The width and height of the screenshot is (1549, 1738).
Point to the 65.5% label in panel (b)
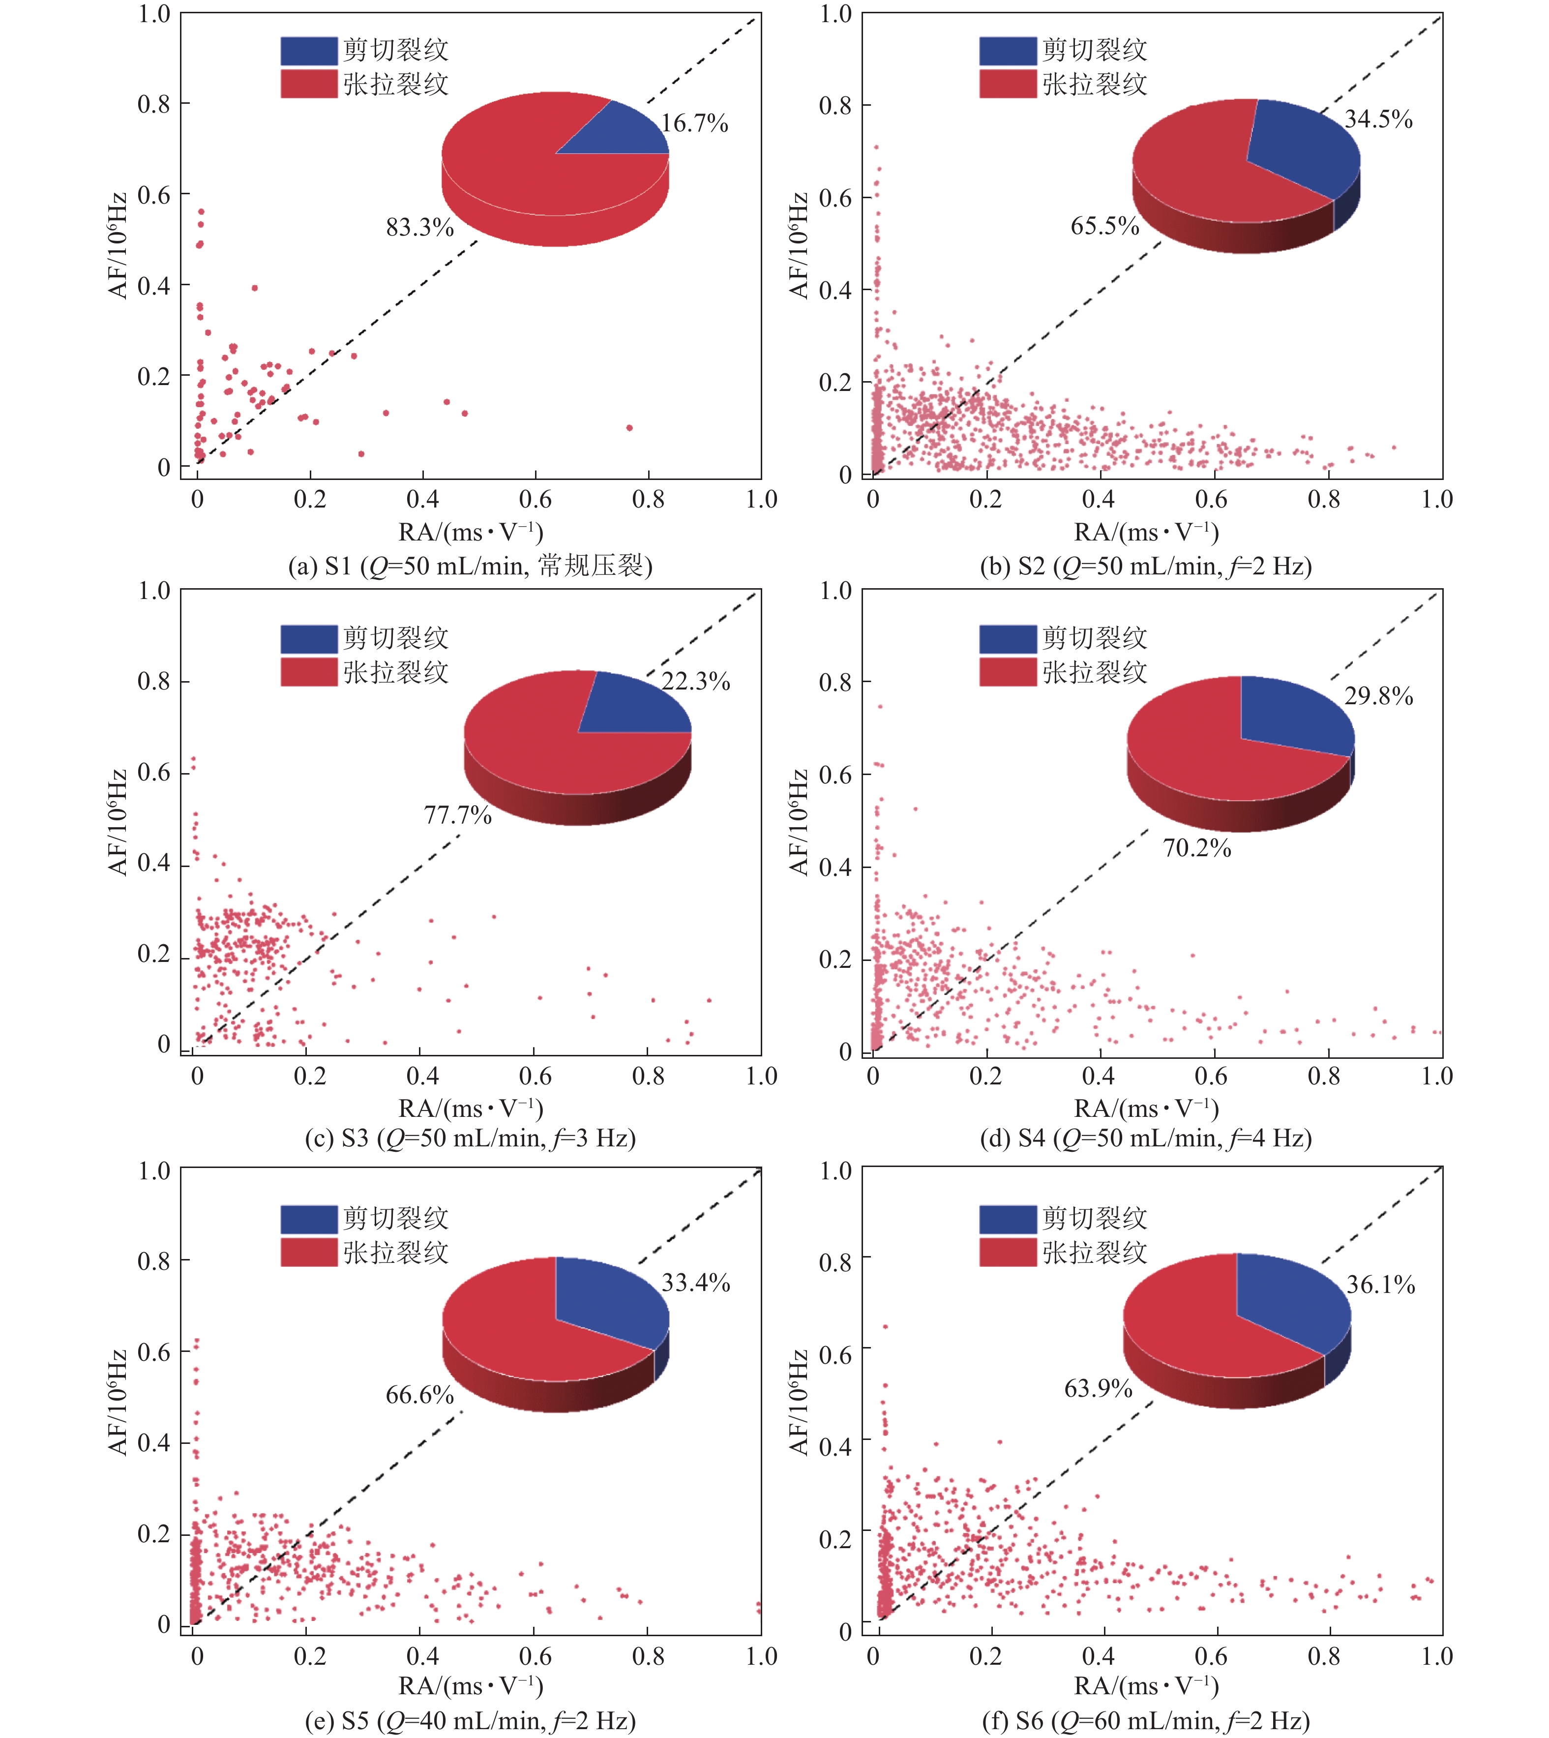pos(1105,226)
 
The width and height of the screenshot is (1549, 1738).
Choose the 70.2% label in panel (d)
pos(1196,848)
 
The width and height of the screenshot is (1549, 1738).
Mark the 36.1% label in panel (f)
pos(1380,1285)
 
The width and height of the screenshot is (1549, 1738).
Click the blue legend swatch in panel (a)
pos(309,50)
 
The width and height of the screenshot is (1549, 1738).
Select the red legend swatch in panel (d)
pos(1008,672)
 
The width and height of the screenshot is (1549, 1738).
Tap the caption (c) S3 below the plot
pos(470,1138)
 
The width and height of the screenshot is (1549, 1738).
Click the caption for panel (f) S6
pos(1146,1721)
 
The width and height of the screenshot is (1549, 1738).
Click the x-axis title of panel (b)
pos(1146,533)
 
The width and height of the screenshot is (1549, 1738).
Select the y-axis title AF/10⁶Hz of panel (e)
pos(118,1401)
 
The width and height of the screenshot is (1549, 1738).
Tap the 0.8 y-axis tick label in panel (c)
pos(153,681)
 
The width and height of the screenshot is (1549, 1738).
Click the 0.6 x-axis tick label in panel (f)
pos(1211,1656)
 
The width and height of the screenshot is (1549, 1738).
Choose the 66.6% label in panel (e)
pos(419,1395)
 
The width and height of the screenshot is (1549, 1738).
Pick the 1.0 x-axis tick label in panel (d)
pos(1437,1077)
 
